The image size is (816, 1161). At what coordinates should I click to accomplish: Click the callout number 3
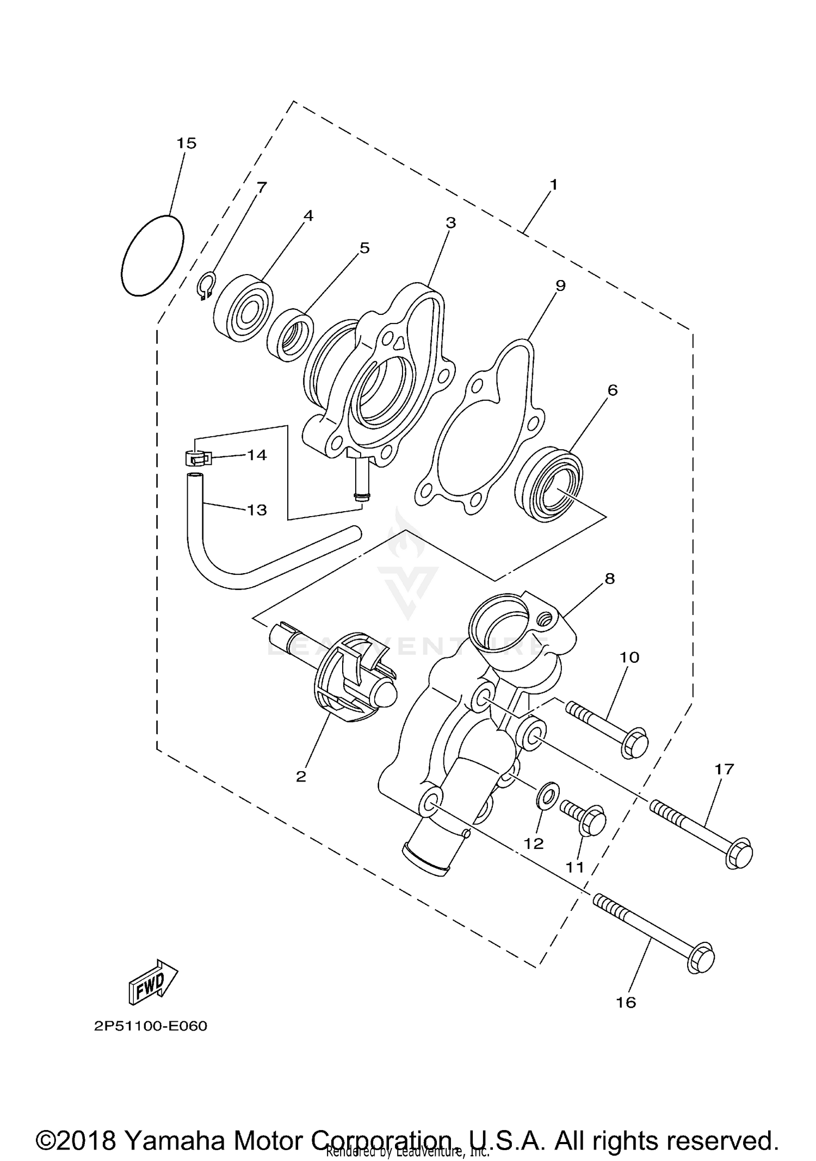pyautogui.click(x=450, y=222)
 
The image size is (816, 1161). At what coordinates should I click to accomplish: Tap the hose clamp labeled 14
pyautogui.click(x=197, y=457)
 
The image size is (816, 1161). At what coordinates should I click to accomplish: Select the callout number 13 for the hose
pyautogui.click(x=257, y=510)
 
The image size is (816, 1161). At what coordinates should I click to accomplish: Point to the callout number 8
pyautogui.click(x=609, y=579)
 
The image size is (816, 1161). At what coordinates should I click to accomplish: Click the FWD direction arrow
pyautogui.click(x=153, y=982)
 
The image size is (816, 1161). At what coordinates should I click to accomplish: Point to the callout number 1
pyautogui.click(x=553, y=185)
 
